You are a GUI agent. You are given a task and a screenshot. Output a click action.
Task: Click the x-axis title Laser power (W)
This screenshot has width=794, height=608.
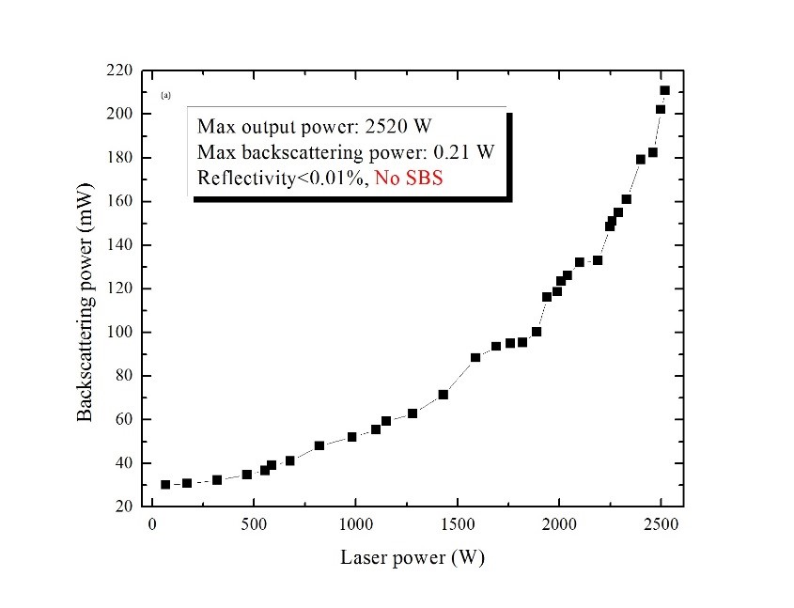coord(413,557)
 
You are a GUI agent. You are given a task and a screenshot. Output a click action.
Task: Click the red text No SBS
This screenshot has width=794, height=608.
coord(409,178)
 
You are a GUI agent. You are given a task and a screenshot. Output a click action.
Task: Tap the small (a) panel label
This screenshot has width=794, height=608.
coord(165,95)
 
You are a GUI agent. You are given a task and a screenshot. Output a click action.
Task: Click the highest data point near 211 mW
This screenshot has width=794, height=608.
coord(664,90)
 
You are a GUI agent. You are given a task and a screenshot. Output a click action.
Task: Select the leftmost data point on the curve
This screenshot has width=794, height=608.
coord(165,485)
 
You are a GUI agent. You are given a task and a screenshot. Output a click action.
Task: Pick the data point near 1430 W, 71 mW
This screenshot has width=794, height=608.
coord(443,395)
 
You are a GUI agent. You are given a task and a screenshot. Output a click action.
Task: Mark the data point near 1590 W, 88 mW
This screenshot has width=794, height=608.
coord(475,357)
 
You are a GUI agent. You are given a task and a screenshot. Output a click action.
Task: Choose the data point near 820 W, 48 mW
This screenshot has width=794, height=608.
coord(319,445)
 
